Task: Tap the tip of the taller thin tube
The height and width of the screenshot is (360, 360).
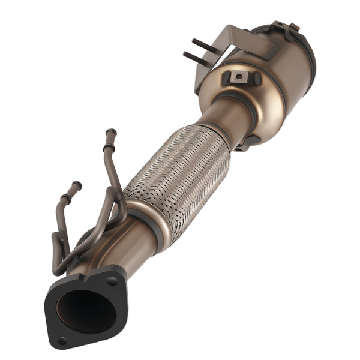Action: [x=110, y=133]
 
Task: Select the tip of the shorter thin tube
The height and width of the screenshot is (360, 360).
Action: [x=77, y=184]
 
